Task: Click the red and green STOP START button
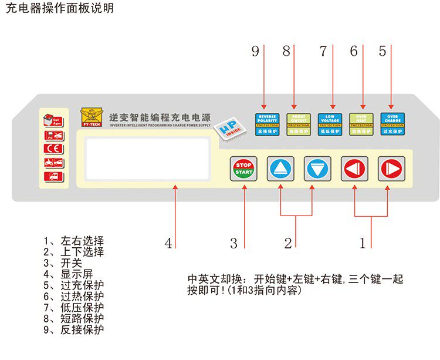pos(243,169)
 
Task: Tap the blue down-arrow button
pos(318,169)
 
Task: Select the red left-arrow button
pos(354,169)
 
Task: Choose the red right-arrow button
pos(390,169)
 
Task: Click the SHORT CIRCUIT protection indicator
pos(298,124)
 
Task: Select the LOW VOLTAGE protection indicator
pos(330,124)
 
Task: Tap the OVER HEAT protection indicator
pos(361,124)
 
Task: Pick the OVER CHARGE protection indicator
pos(392,124)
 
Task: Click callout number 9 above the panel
pos(255,52)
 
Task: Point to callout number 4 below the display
pos(168,243)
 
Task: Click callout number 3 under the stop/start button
pos(233,243)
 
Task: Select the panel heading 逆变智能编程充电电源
pos(160,116)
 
